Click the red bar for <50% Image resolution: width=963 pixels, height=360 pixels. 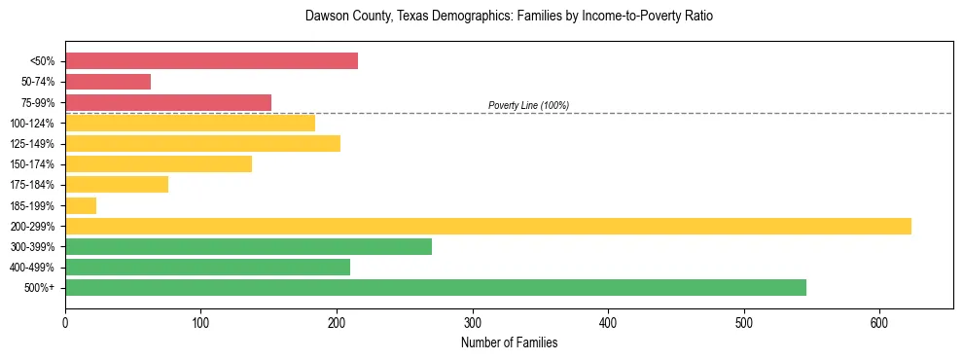click(x=211, y=61)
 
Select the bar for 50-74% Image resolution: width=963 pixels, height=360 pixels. click(x=108, y=82)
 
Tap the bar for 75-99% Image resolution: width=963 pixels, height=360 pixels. click(x=168, y=102)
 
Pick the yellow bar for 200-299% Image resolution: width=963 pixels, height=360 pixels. click(x=487, y=226)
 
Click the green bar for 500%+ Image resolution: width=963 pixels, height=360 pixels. click(x=435, y=287)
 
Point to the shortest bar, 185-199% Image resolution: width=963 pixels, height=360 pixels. click(x=81, y=205)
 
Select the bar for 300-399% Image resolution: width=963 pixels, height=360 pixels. click(x=248, y=246)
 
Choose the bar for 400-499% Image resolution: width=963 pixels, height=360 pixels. click(x=207, y=267)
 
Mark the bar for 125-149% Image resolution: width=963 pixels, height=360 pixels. click(x=202, y=144)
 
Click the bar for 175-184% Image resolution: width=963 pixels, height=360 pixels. click(x=117, y=185)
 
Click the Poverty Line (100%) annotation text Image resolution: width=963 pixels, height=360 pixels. click(x=528, y=105)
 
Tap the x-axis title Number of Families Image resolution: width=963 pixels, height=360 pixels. click(x=509, y=342)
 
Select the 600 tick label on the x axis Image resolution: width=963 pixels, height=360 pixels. click(x=879, y=323)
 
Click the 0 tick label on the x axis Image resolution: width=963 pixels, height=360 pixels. click(x=65, y=323)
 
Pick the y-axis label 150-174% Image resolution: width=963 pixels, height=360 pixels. click(x=32, y=164)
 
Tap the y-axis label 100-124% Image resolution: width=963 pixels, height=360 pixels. click(x=32, y=124)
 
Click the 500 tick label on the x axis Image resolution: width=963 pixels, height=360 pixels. click(x=744, y=323)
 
